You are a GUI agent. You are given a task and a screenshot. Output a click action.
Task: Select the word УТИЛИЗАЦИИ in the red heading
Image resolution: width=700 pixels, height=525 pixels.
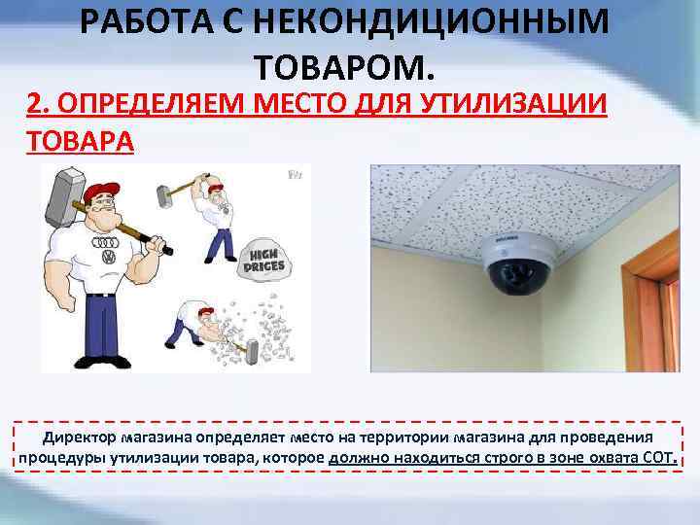(x=513, y=104)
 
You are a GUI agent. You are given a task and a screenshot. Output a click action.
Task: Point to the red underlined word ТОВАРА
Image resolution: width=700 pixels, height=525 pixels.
(x=81, y=140)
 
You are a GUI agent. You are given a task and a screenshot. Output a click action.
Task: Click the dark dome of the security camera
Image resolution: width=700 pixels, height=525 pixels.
(x=518, y=278)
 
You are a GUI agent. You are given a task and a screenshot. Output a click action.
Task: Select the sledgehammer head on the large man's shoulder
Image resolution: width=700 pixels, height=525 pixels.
(x=64, y=196)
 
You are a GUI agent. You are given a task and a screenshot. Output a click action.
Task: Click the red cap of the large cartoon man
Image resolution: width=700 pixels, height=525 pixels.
(x=101, y=192)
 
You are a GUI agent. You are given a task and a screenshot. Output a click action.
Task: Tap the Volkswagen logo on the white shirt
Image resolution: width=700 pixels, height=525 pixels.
(x=109, y=257)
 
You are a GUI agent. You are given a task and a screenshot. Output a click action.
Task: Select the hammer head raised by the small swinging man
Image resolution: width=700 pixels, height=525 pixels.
(x=164, y=196)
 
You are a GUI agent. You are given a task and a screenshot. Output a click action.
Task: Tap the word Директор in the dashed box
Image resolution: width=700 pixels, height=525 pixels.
(x=80, y=437)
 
